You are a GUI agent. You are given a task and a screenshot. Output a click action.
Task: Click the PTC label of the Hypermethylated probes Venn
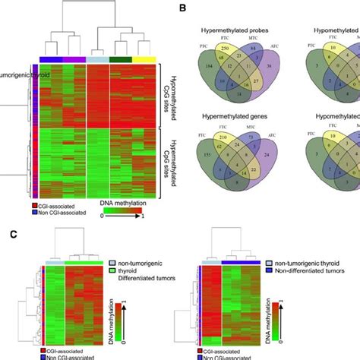pyautogui.click(x=201, y=49)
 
